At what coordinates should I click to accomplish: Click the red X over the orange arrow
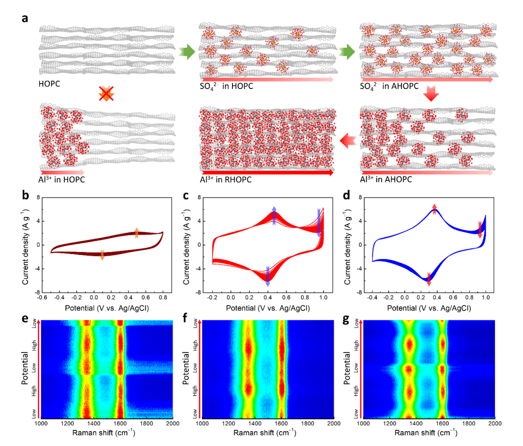pos(106,93)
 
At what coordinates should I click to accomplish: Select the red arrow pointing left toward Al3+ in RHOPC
pos(349,141)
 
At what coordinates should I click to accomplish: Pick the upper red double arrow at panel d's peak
pos(434,209)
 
